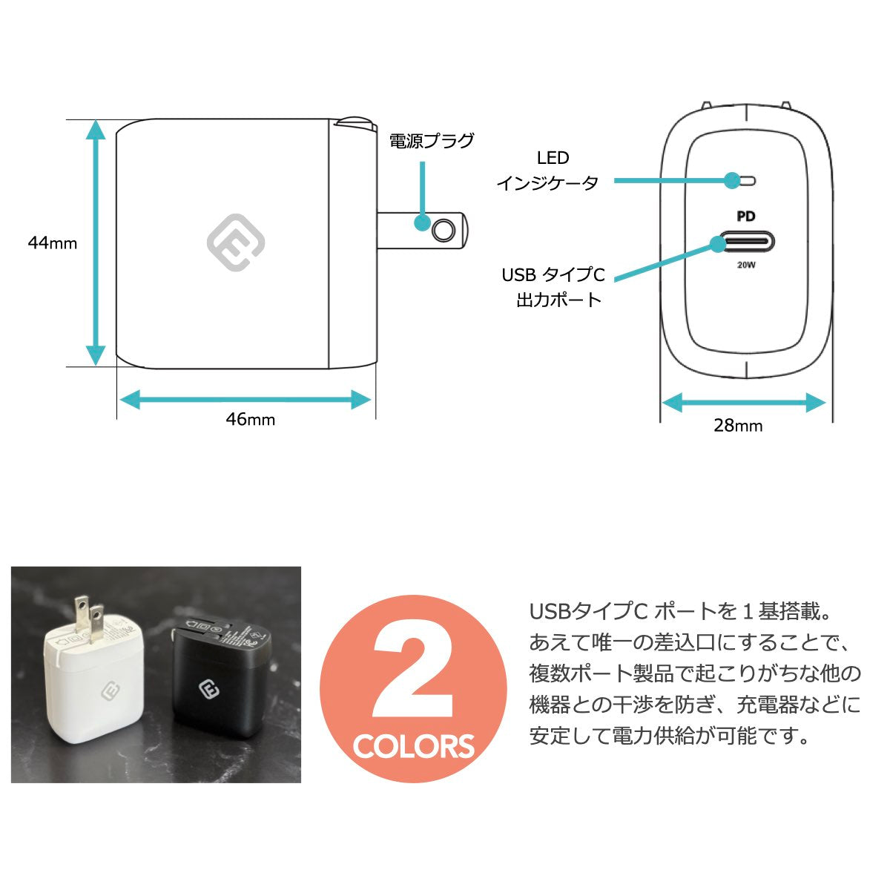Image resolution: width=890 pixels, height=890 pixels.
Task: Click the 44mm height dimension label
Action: click(53, 243)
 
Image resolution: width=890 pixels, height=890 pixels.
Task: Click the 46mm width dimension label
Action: click(251, 419)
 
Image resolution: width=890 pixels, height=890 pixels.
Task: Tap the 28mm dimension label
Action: click(738, 426)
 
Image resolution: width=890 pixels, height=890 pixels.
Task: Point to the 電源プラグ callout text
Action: click(432, 141)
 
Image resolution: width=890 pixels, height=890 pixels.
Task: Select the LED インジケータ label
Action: click(548, 171)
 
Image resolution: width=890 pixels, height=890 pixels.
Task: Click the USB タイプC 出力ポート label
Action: click(553, 287)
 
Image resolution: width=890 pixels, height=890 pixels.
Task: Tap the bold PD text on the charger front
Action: click(746, 216)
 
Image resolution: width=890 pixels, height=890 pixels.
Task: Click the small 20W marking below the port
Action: click(746, 265)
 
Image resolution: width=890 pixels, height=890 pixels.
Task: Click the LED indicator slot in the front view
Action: click(745, 180)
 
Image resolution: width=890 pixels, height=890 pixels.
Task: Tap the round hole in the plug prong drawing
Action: click(443, 231)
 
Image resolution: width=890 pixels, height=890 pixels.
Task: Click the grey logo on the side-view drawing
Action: click(236, 243)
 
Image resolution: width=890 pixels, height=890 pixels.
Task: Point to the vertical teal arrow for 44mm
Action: click(96, 243)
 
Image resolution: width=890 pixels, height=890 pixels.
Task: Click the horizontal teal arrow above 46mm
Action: click(245, 400)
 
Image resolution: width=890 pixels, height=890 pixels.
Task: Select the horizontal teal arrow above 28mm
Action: click(744, 402)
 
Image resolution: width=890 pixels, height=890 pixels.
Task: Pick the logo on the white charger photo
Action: click(110, 692)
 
